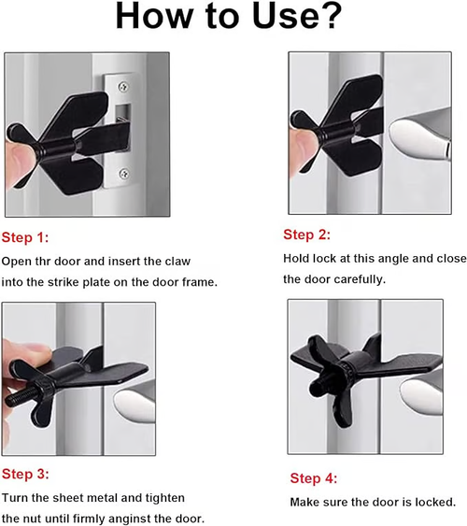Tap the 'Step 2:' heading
[307, 235]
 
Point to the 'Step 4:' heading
[314, 478]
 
